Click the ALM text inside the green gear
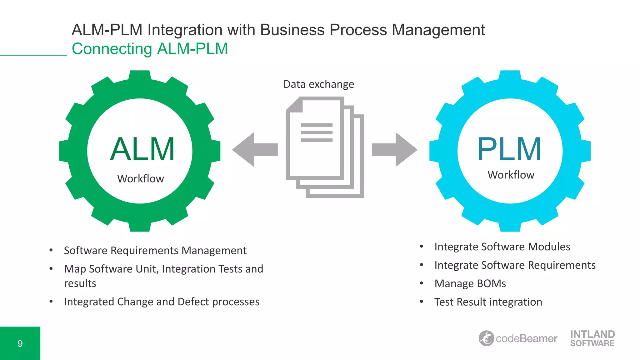(142, 149)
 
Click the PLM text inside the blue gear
(509, 149)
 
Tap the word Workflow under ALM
(140, 179)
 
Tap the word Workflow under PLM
(511, 175)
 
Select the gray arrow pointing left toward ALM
(255, 149)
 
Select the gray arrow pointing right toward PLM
(394, 149)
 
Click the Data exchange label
(318, 84)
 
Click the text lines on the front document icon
(316, 132)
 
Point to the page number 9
(20, 343)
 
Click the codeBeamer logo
(518, 338)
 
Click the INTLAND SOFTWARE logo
(592, 338)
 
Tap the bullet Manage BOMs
(470, 283)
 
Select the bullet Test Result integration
(488, 302)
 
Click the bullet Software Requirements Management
(155, 251)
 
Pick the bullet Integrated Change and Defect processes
(162, 302)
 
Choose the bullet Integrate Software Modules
(502, 247)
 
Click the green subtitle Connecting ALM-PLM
(150, 49)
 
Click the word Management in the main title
(438, 30)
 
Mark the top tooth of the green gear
(140, 77)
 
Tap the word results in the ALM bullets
(80, 283)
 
